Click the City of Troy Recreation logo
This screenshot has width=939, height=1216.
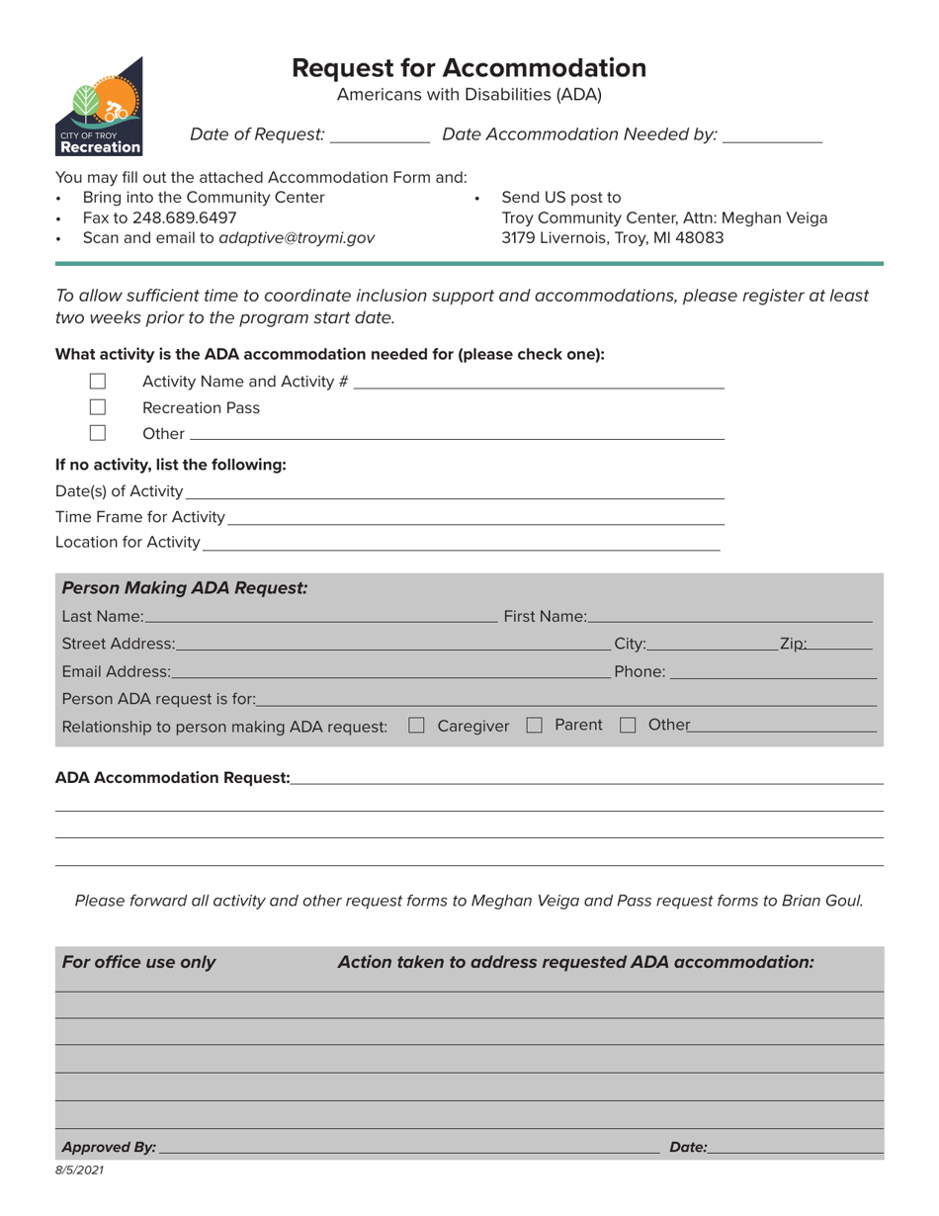(99, 107)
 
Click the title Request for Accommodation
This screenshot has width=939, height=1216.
(469, 67)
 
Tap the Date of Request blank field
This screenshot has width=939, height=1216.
(380, 135)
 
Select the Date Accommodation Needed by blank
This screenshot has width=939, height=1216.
(772, 135)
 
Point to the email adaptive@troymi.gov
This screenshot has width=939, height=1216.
(297, 238)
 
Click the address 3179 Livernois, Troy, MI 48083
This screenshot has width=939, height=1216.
(612, 238)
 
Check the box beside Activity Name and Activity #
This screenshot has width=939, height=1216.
(98, 382)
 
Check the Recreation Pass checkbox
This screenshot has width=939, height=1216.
(98, 407)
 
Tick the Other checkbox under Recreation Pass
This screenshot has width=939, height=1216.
(98, 433)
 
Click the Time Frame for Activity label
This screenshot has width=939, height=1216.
(140, 517)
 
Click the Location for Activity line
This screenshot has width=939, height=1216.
(461, 543)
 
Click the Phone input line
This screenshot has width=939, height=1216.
(773, 672)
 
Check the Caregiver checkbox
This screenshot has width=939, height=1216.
(416, 726)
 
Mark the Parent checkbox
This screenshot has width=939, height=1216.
(535, 726)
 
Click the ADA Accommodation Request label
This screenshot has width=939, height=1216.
(172, 778)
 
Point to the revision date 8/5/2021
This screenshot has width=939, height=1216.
(80, 1171)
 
